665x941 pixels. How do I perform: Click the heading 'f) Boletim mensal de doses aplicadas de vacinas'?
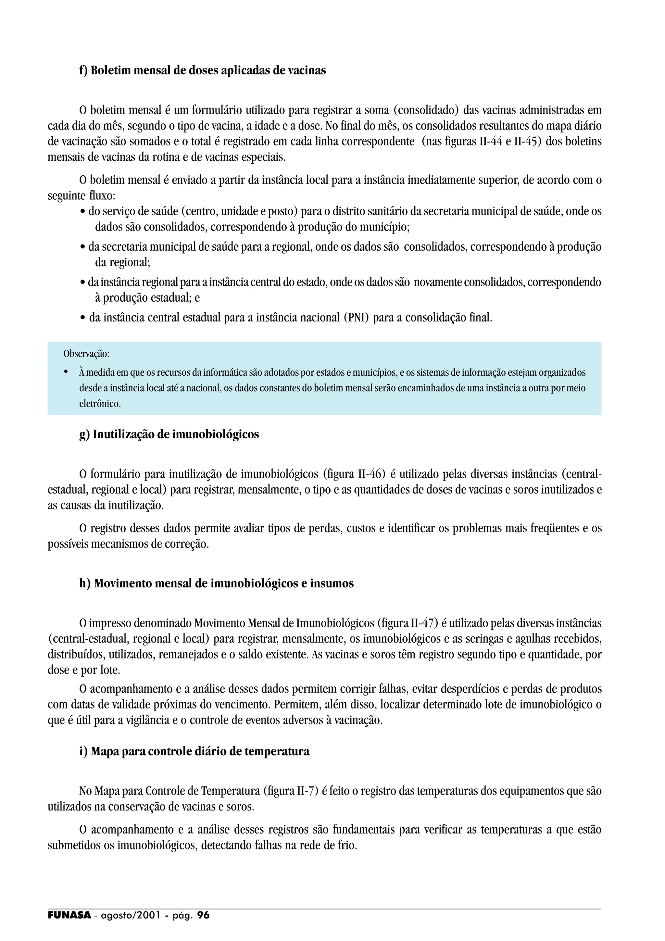coord(202,70)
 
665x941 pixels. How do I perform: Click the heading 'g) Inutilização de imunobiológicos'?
coord(169,434)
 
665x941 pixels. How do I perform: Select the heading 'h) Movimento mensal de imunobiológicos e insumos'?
coord(216,583)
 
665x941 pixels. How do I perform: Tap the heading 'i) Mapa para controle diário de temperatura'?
coord(194,751)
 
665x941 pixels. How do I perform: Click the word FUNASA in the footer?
coord(69,915)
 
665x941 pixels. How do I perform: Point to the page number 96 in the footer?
coord(203,915)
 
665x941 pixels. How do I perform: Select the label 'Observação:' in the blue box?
coord(86,353)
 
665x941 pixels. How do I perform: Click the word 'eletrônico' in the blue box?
coord(99,404)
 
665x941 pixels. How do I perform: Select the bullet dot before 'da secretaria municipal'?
coord(83,247)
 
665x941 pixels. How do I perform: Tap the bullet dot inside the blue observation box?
coord(66,372)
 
